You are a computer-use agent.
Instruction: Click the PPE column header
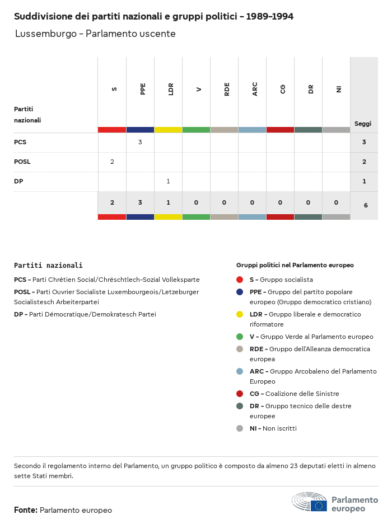(x=143, y=89)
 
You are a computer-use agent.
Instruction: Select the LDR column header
(x=171, y=89)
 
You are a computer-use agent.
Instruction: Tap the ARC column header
(x=255, y=89)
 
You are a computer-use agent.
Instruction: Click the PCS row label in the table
(x=20, y=142)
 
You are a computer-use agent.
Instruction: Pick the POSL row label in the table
(x=22, y=162)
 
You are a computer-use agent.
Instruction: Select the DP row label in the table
(x=18, y=181)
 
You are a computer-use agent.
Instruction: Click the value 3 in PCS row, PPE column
(x=140, y=142)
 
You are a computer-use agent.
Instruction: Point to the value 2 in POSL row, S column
(x=112, y=162)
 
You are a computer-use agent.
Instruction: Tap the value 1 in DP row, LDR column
(x=168, y=181)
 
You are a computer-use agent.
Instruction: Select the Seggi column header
(x=363, y=124)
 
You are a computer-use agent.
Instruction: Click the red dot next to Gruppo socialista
(x=240, y=280)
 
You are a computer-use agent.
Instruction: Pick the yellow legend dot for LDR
(x=240, y=314)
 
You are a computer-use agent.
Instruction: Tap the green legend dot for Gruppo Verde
(x=240, y=337)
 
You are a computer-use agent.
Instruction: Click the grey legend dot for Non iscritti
(x=240, y=428)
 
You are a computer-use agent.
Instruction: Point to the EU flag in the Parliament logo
(x=319, y=506)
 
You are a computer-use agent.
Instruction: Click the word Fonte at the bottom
(x=25, y=510)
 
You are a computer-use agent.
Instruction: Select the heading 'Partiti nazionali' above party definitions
(x=48, y=266)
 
